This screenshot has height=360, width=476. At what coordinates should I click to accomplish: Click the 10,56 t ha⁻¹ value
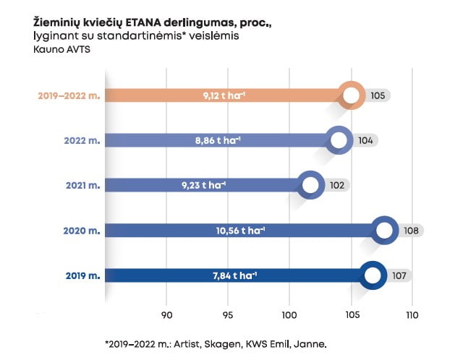(x=241, y=231)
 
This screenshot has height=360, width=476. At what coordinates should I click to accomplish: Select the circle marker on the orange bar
(x=352, y=95)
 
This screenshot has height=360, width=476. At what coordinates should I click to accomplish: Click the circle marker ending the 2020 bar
(x=384, y=231)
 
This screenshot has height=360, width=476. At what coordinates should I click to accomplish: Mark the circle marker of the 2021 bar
(x=311, y=185)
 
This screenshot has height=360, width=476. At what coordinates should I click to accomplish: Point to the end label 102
(x=336, y=185)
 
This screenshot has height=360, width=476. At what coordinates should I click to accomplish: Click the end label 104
(x=365, y=140)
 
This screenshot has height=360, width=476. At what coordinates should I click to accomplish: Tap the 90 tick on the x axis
(x=167, y=314)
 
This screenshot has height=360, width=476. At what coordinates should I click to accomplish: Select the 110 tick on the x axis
(x=412, y=314)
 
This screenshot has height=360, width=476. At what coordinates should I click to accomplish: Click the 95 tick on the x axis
(x=229, y=314)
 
